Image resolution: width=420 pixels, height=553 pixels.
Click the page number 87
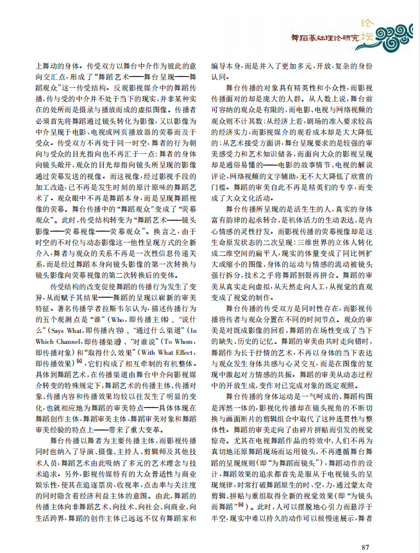pos(365,547)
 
